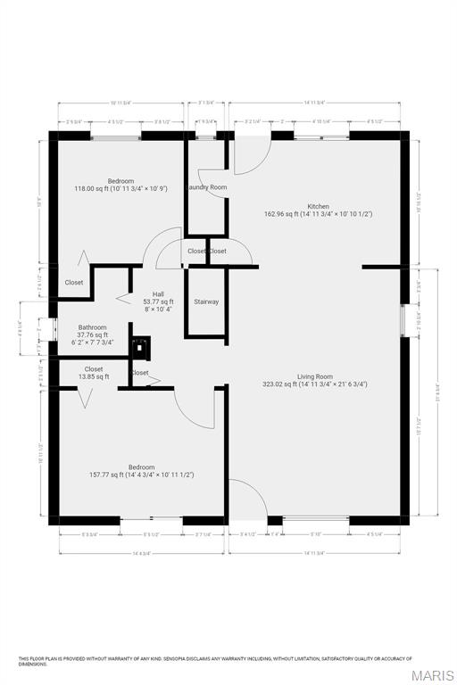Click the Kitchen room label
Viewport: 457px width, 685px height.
pos(318,206)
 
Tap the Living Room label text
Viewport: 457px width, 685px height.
pos(314,376)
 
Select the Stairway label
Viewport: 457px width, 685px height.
pos(206,302)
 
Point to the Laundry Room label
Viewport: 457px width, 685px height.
pos(206,187)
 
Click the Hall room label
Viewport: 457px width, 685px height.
pos(158,294)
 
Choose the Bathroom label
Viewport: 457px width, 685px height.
pos(92,327)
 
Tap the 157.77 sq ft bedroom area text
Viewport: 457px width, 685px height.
pos(141,475)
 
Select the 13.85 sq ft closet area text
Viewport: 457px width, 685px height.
pos(94,377)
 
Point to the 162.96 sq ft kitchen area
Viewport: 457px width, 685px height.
pos(318,214)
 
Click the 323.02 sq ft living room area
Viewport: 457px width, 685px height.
pos(314,384)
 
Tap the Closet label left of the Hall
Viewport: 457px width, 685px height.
pos(74,283)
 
